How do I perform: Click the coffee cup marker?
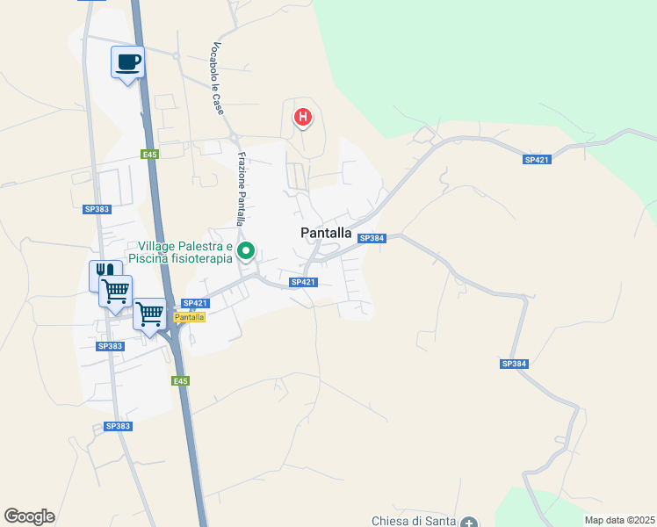point(127,62)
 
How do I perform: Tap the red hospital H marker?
point(303,116)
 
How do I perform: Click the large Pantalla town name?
point(326,234)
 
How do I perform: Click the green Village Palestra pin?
point(247,252)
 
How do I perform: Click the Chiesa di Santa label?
point(413,521)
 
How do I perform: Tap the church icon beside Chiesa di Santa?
point(468,522)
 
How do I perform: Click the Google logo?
point(29,516)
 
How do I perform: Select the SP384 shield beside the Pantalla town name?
point(372,239)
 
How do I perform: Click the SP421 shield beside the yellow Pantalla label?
point(195,304)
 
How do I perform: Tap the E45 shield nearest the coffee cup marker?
point(150,155)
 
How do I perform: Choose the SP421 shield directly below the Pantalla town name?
point(303,282)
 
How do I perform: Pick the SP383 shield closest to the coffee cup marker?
point(97,209)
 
